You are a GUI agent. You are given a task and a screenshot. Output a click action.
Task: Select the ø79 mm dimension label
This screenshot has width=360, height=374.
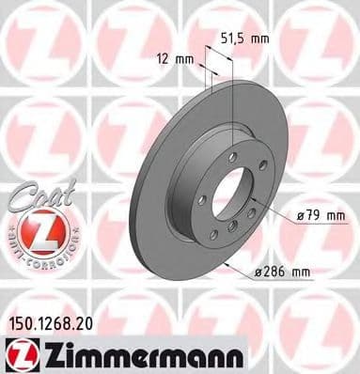point(315,217)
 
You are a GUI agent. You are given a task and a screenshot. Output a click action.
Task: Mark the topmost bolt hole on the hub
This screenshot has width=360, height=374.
point(231,156)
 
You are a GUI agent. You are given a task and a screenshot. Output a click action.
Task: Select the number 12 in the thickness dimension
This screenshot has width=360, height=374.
point(165,59)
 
